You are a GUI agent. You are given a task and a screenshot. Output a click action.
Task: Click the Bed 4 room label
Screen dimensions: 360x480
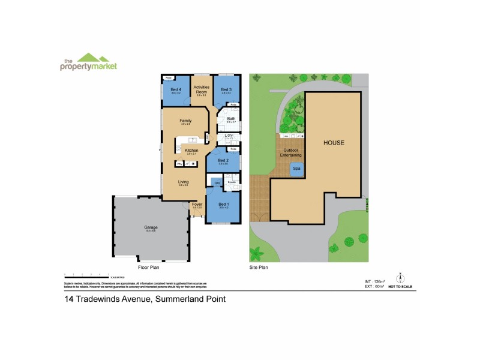coord(176,89)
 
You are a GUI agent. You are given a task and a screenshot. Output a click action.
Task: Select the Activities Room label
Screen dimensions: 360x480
coord(201,89)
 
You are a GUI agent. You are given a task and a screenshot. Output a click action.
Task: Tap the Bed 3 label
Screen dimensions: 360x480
coord(226,89)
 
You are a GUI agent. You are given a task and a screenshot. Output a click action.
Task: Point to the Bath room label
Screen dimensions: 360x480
coord(231,118)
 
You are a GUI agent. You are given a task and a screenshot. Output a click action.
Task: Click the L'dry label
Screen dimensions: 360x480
coord(229,135)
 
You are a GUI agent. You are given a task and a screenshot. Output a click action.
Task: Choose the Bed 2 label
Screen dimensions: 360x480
coord(223,160)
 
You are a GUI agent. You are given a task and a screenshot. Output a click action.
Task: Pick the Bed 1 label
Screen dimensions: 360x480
coord(224,205)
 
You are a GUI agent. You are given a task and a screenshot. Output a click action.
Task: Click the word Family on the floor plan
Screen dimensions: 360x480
coord(185,121)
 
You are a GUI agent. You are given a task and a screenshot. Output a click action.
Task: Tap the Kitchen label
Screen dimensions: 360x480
coord(191,150)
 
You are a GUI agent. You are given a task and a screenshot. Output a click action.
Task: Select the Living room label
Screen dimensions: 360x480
coord(184,181)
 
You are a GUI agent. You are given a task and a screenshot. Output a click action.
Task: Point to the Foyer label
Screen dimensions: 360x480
coord(197,205)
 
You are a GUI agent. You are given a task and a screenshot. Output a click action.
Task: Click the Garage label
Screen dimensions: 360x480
coord(150,227)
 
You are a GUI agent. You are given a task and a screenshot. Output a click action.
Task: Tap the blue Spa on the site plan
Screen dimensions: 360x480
coord(296,169)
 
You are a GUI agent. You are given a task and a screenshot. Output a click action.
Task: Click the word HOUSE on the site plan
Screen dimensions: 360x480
coord(334,143)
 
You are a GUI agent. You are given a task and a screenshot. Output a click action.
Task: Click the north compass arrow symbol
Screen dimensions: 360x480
coord(400,278)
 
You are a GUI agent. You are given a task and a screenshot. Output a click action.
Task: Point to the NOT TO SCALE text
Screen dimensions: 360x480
coord(400,287)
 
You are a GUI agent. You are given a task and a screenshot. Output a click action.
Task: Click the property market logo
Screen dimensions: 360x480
coord(88,63)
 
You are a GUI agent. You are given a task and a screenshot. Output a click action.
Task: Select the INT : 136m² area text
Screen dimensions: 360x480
coord(375,281)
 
